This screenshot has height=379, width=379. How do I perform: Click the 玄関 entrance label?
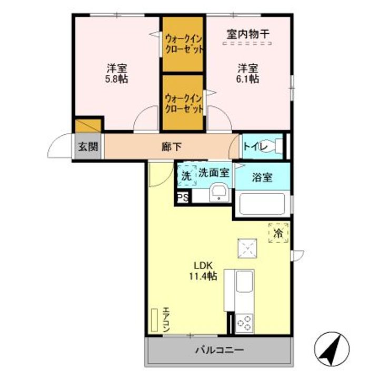88,147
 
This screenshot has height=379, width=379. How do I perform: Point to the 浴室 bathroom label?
262,177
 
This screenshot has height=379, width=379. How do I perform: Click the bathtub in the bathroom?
262,204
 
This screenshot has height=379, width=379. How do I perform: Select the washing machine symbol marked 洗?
186,176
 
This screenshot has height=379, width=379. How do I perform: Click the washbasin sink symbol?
218,194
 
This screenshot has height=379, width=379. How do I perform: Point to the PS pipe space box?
183,198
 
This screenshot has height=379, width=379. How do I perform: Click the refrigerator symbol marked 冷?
278,232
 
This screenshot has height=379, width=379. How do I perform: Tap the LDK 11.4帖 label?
202,270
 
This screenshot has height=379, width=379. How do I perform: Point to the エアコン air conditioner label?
165,319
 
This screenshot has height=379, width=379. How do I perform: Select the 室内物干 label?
248,34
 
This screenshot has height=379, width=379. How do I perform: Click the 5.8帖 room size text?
117,79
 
